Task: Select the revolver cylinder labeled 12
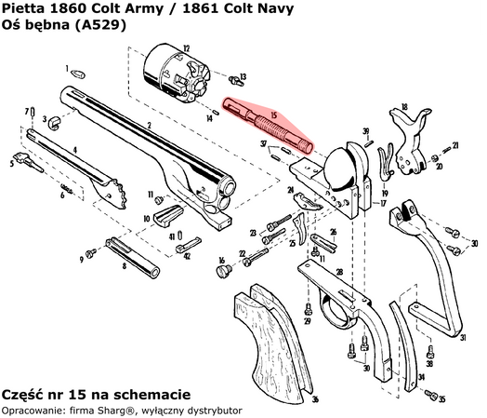pyautogui.click(x=175, y=69)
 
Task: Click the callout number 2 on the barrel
pyautogui.click(x=149, y=125)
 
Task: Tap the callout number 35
pyautogui.click(x=442, y=398)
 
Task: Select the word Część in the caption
pyautogui.click(x=24, y=394)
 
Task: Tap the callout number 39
pyautogui.click(x=365, y=131)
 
